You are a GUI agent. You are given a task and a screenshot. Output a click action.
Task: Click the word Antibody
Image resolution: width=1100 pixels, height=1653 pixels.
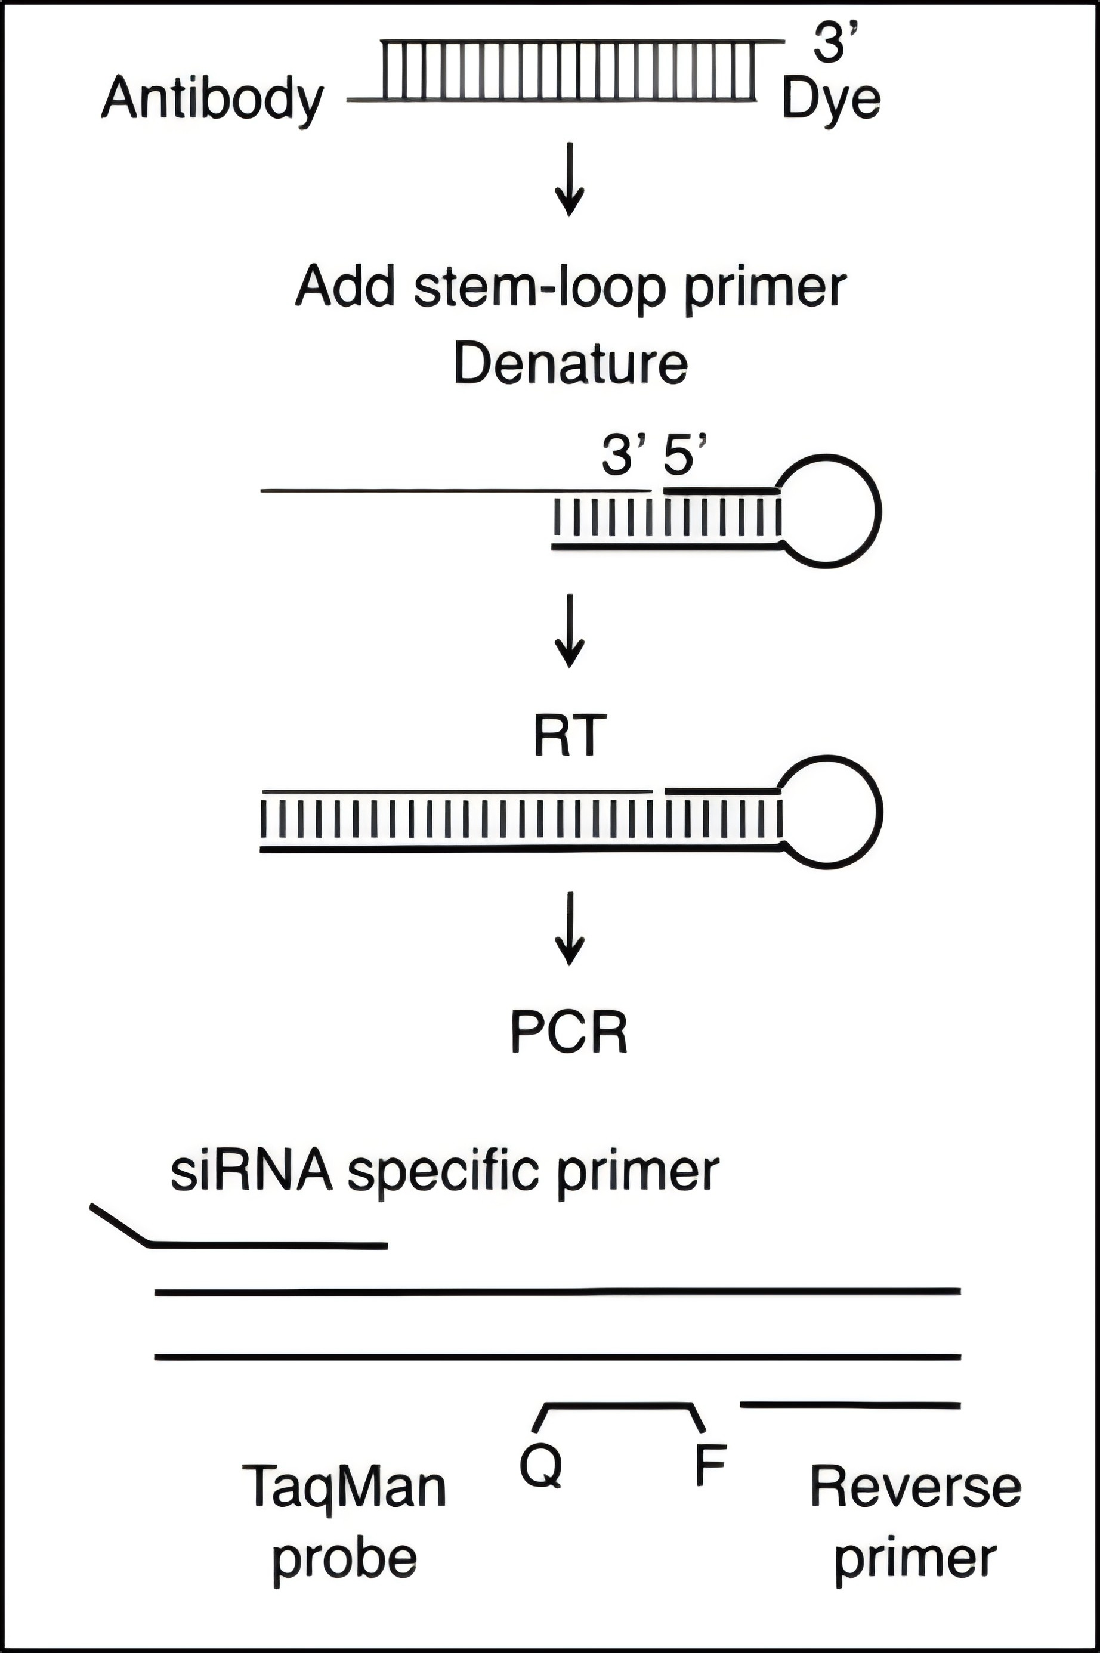212,100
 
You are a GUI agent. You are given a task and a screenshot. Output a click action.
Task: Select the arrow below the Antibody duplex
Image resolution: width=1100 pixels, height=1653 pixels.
570,179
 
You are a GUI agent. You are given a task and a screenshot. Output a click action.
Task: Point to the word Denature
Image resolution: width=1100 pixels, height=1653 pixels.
570,364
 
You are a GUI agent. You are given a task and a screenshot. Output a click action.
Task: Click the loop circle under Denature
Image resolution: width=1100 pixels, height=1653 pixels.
877,510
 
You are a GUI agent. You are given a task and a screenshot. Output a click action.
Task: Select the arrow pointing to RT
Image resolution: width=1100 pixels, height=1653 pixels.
570,631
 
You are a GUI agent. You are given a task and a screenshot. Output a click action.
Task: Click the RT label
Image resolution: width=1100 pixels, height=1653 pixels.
569,736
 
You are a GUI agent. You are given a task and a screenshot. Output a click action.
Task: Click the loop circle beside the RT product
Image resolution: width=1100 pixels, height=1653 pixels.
879,812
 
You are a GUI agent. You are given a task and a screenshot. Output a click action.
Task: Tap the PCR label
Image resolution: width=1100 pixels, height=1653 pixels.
569,1032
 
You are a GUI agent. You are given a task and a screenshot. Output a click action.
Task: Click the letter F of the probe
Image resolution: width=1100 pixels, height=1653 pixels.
709,1465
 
